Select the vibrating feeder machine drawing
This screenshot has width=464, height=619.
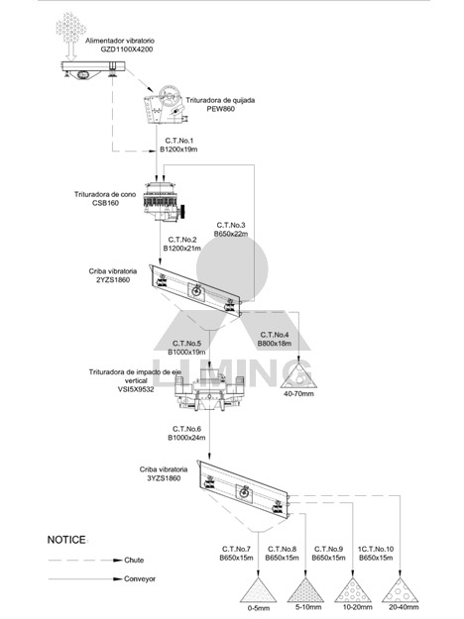pyautogui.click(x=93, y=70)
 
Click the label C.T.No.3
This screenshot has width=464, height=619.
pyautogui.click(x=231, y=225)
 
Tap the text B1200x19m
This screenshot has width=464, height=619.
pyautogui.click(x=178, y=150)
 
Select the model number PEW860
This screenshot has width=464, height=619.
pyautogui.click(x=220, y=109)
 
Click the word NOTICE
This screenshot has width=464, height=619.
pyautogui.click(x=66, y=540)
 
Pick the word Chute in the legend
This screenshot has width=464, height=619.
pyautogui.click(x=134, y=560)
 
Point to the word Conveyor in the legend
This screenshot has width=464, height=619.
pyautogui.click(x=140, y=578)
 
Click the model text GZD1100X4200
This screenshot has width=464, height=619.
pyautogui.click(x=127, y=50)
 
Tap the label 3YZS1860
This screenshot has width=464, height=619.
pyautogui.click(x=164, y=478)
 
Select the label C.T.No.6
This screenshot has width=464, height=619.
pyautogui.click(x=186, y=429)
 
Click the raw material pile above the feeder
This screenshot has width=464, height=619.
pyautogui.click(x=70, y=27)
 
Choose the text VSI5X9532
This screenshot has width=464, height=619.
pyautogui.click(x=136, y=389)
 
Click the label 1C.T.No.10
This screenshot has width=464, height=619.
pyautogui.click(x=376, y=549)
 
